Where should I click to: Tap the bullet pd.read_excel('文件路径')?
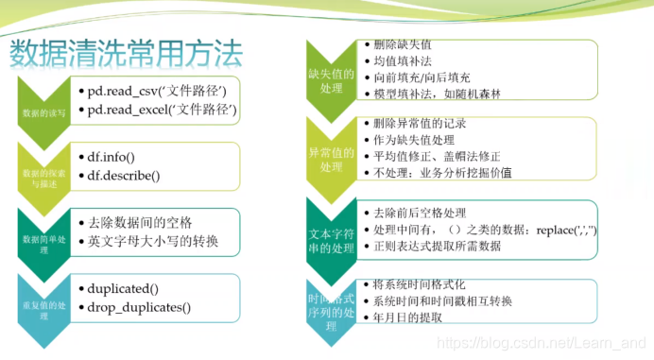163,111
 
